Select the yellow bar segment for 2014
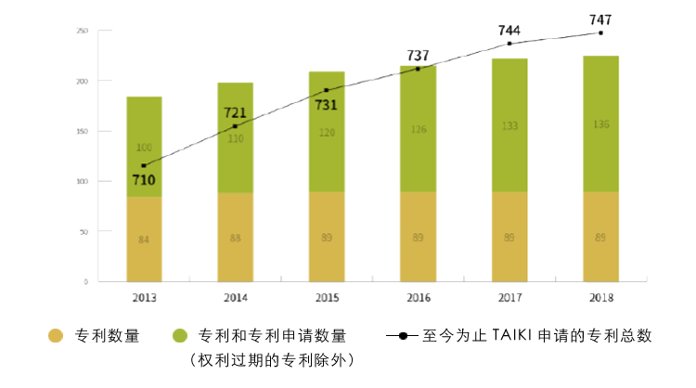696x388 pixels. (x=235, y=237)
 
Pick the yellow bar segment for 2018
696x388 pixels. (x=600, y=237)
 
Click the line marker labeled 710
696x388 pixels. (x=144, y=165)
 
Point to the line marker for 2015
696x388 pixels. (x=327, y=90)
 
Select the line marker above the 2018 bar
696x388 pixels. (x=600, y=32)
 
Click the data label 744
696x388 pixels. (x=509, y=30)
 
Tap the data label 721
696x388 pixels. (x=235, y=112)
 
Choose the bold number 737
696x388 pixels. (x=419, y=55)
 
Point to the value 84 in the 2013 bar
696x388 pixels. (x=144, y=239)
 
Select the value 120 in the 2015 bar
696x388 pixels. (x=327, y=132)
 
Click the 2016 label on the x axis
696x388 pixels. (x=418, y=299)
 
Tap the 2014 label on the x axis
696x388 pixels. (x=235, y=299)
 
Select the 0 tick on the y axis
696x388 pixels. (x=85, y=281)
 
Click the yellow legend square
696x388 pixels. (x=56, y=336)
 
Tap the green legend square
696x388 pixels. (x=177, y=336)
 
